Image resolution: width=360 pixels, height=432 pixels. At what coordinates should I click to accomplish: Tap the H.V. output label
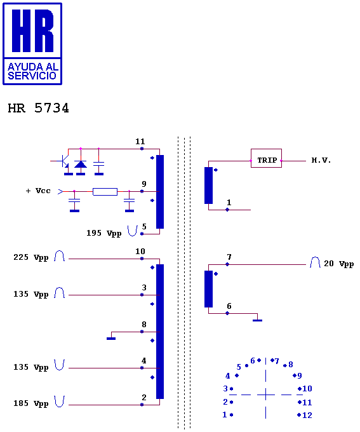pyautogui.click(x=321, y=160)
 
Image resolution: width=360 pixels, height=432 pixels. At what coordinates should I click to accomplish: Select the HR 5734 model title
pyautogui.click(x=38, y=108)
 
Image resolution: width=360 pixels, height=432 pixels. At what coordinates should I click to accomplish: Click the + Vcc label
pyautogui.click(x=38, y=191)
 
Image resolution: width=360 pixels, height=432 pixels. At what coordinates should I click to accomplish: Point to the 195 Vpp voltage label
pyautogui.click(x=104, y=233)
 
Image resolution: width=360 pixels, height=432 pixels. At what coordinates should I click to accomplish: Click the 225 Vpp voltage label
pyautogui.click(x=31, y=257)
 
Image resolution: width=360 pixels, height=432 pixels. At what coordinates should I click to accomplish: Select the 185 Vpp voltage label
pyautogui.click(x=31, y=403)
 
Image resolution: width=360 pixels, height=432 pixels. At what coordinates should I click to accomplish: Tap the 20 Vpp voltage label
pyautogui.click(x=339, y=264)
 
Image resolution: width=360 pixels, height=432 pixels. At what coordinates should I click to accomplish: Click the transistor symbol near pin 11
pyautogui.click(x=64, y=161)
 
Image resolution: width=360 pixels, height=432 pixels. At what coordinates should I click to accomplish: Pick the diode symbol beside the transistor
pyautogui.click(x=81, y=165)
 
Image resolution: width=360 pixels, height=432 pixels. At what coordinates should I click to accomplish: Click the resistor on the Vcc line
pyautogui.click(x=105, y=192)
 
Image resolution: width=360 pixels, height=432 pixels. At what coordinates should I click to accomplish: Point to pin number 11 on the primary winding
pyautogui.click(x=140, y=142)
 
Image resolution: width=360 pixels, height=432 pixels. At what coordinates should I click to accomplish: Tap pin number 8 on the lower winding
pyautogui.click(x=143, y=324)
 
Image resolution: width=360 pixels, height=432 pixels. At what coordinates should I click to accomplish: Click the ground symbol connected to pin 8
pyautogui.click(x=111, y=339)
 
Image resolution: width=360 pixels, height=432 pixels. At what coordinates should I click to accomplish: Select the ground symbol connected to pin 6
pyautogui.click(x=258, y=320)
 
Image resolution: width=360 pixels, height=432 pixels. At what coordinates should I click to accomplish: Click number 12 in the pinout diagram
pyautogui.click(x=307, y=415)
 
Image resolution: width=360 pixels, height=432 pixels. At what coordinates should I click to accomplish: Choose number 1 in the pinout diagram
pyautogui.click(x=225, y=415)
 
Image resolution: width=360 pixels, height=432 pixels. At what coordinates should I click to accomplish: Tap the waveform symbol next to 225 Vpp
pyautogui.click(x=59, y=256)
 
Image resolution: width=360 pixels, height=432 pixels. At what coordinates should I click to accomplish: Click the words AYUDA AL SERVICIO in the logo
pyautogui.click(x=32, y=71)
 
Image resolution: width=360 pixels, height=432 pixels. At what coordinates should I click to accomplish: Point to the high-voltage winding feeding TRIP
pyautogui.click(x=208, y=186)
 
